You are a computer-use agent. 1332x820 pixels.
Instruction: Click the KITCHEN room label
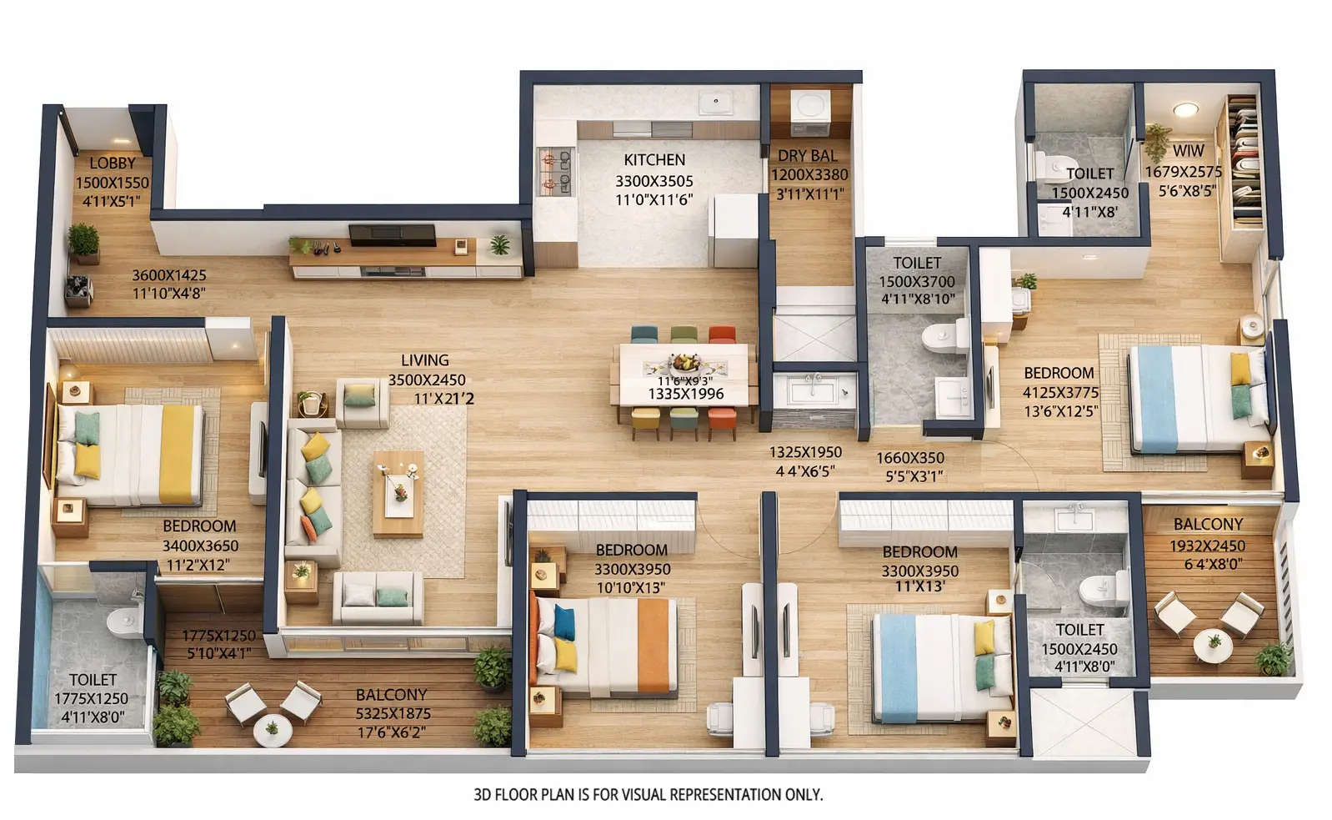[x=654, y=160]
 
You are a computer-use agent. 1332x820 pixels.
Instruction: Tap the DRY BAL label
[x=807, y=156]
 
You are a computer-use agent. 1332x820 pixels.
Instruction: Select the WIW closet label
[x=1188, y=151]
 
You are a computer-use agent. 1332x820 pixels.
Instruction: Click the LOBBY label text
[x=112, y=163]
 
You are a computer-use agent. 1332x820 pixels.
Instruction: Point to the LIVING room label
[x=424, y=360]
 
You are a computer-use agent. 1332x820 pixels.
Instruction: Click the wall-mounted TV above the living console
[x=392, y=234]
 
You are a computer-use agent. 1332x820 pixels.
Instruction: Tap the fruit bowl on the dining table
[x=686, y=363]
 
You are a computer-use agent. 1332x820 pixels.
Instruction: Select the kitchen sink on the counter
[x=715, y=103]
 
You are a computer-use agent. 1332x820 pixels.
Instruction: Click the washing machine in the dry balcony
[x=809, y=109]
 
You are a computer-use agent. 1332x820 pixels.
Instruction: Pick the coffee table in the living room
[x=398, y=493]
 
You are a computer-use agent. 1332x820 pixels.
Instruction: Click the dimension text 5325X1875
[x=393, y=714]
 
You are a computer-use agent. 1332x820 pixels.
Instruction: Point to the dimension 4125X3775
[x=1060, y=392]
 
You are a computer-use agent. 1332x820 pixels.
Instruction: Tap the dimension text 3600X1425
[x=168, y=275]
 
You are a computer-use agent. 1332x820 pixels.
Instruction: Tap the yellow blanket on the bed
[x=176, y=453]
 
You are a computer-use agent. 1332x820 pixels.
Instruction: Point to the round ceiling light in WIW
[x=1183, y=110]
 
